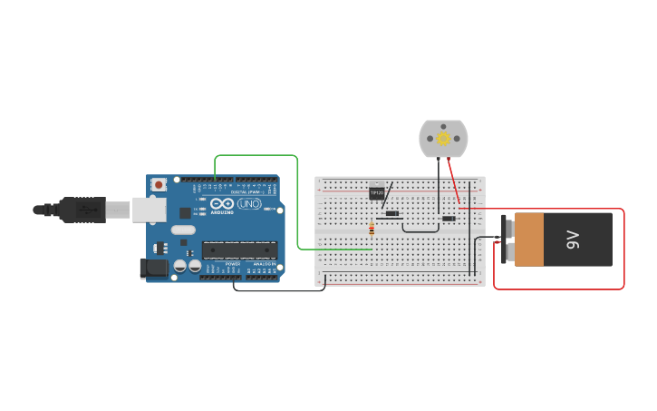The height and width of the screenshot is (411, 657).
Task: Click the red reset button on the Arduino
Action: tap(159, 185)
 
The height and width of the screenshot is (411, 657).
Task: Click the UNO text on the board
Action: tap(248, 205)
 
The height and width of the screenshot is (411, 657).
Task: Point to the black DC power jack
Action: tap(153, 268)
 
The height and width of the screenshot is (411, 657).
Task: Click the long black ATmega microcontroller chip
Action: tap(238, 250)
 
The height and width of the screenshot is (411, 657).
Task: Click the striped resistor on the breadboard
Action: tap(372, 230)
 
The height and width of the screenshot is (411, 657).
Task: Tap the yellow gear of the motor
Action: tap(443, 139)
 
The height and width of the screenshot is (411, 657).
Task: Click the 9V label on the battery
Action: tap(573, 240)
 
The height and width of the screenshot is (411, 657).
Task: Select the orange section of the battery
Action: tap(528, 240)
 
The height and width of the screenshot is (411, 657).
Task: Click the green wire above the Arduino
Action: tap(256, 155)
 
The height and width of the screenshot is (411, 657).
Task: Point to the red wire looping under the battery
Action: tap(559, 289)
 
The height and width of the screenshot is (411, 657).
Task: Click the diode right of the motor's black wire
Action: tap(449, 219)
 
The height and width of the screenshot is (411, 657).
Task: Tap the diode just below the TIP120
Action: tap(391, 214)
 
